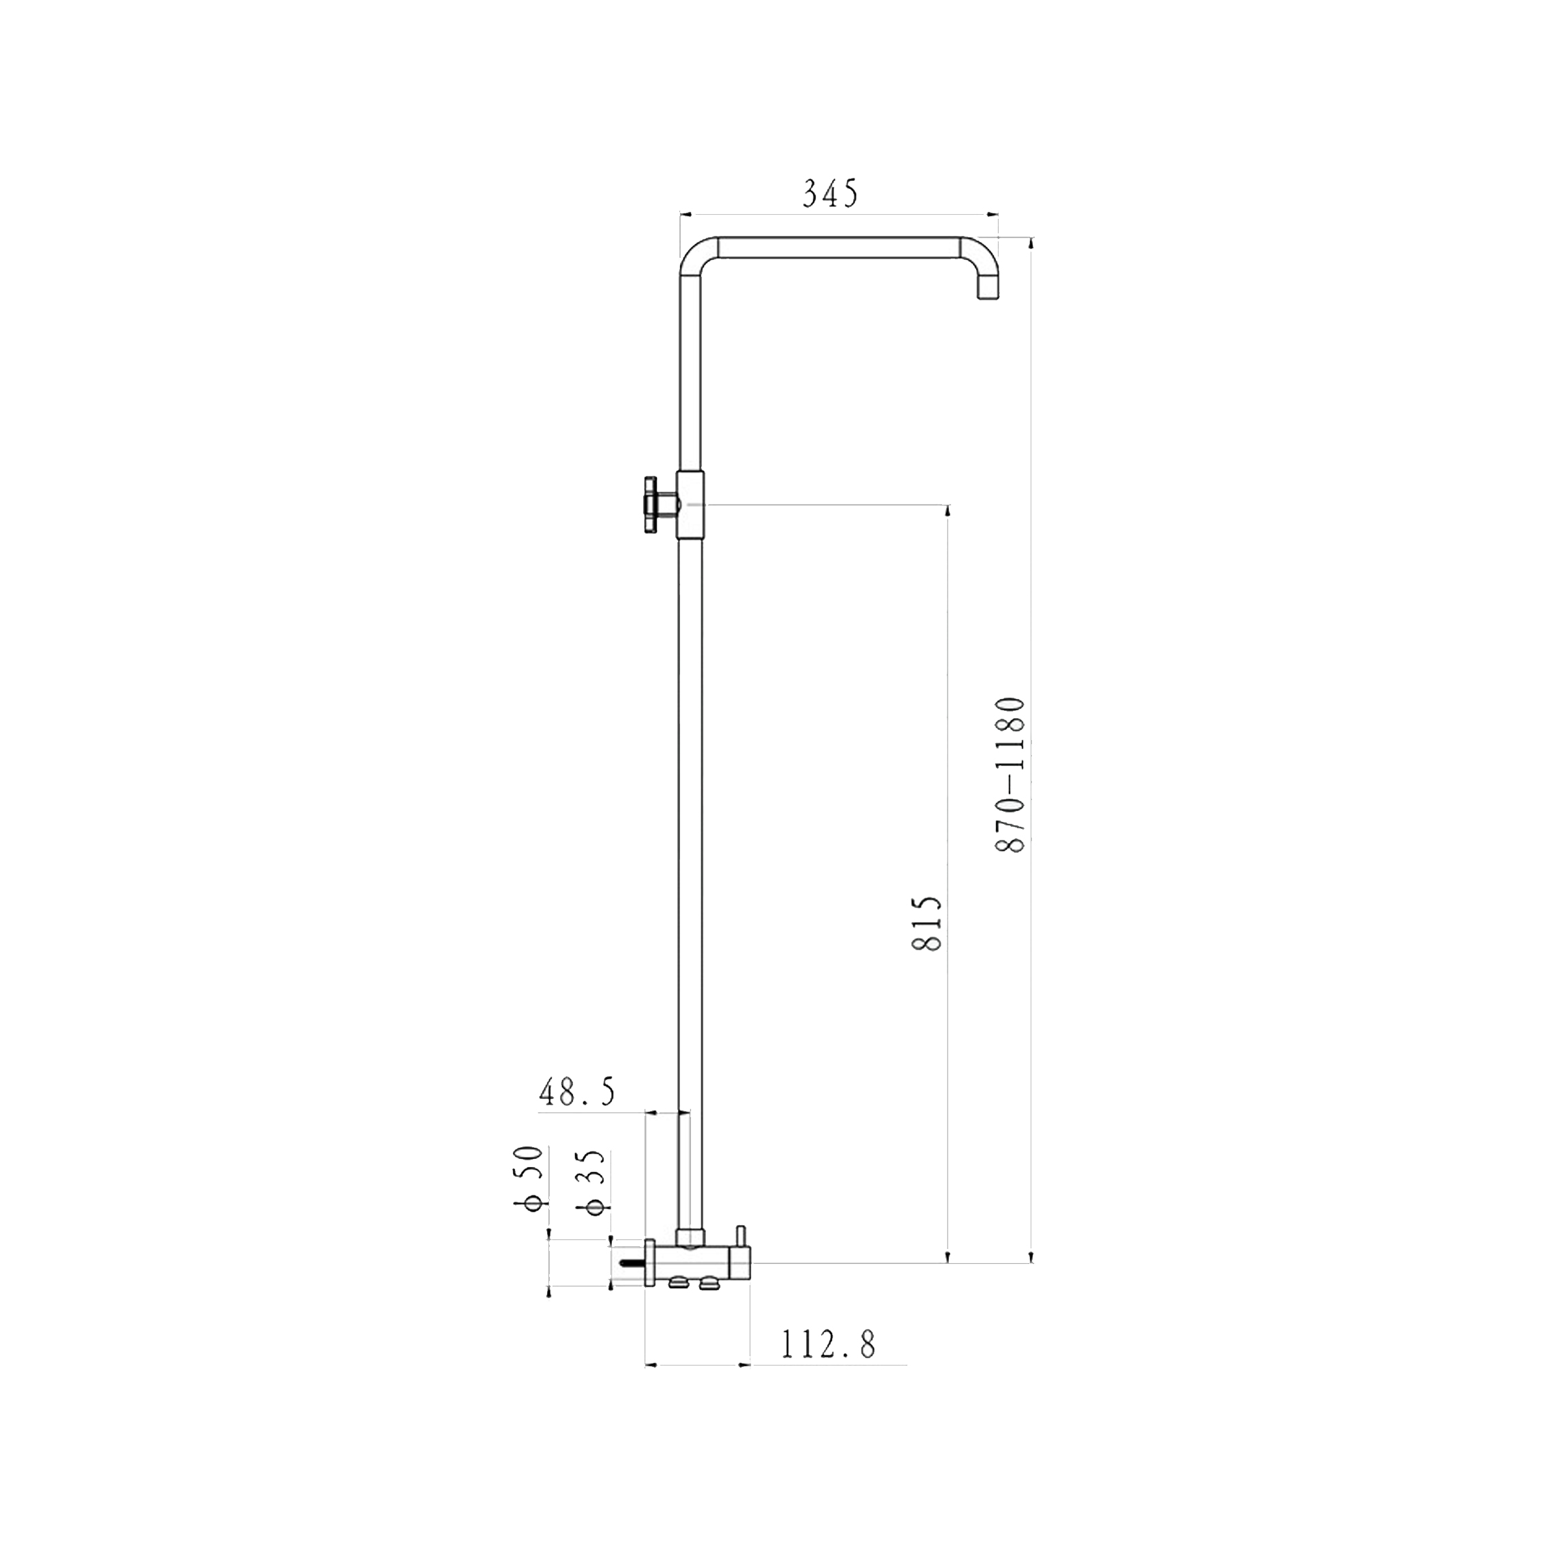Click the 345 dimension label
coord(830,194)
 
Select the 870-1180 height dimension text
coord(1010,775)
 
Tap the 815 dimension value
coord(927,924)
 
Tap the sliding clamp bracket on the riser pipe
coord(691,505)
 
